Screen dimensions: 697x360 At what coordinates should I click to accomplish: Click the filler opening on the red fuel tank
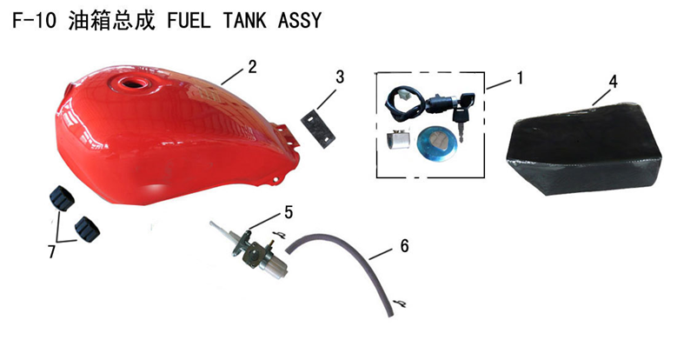pyautogui.click(x=130, y=83)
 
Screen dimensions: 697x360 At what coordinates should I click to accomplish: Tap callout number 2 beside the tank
pyautogui.click(x=253, y=67)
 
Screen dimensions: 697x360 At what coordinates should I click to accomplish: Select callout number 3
pyautogui.click(x=340, y=77)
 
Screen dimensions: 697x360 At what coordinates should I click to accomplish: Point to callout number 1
pyautogui.click(x=519, y=78)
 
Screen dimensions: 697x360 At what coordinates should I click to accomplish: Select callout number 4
pyautogui.click(x=613, y=82)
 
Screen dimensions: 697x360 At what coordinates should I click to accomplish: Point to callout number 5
pyautogui.click(x=289, y=213)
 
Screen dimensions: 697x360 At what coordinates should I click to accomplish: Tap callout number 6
pyautogui.click(x=404, y=246)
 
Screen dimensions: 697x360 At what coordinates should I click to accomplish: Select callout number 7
pyautogui.click(x=52, y=252)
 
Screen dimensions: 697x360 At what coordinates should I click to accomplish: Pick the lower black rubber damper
pyautogui.click(x=87, y=229)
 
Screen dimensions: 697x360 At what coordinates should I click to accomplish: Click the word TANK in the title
pyautogui.click(x=245, y=21)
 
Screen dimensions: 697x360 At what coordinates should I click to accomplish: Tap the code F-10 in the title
pyautogui.click(x=34, y=21)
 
